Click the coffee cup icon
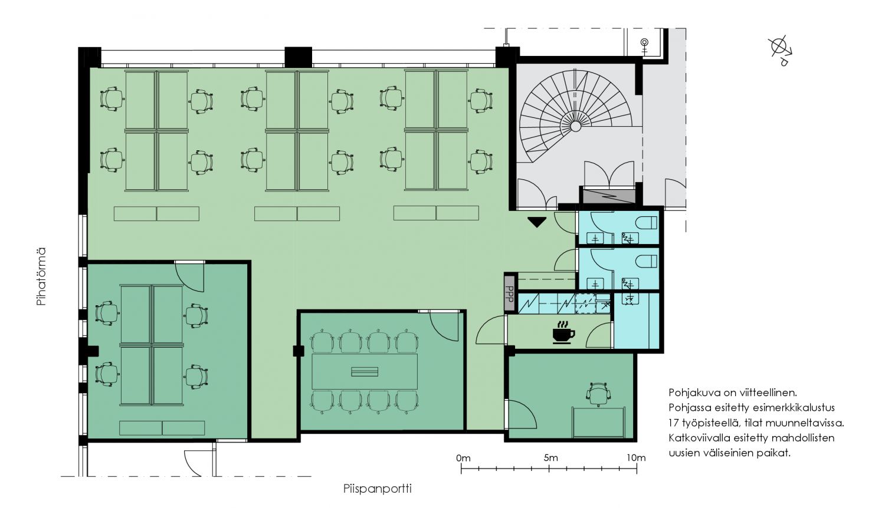click(x=563, y=333)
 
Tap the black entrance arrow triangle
click(x=537, y=222)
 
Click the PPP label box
click(x=510, y=292)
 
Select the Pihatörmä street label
click(x=41, y=276)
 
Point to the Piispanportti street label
click(x=378, y=489)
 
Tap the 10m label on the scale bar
click(x=636, y=458)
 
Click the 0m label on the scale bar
click(x=463, y=458)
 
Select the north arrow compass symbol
click(x=781, y=50)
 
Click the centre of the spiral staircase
click(x=576, y=126)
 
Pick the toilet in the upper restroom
click(x=647, y=223)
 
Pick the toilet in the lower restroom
click(x=647, y=261)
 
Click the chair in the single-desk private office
click(x=599, y=394)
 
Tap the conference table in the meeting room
click(x=365, y=371)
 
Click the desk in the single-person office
click(x=599, y=423)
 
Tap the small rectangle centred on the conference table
click(x=365, y=371)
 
